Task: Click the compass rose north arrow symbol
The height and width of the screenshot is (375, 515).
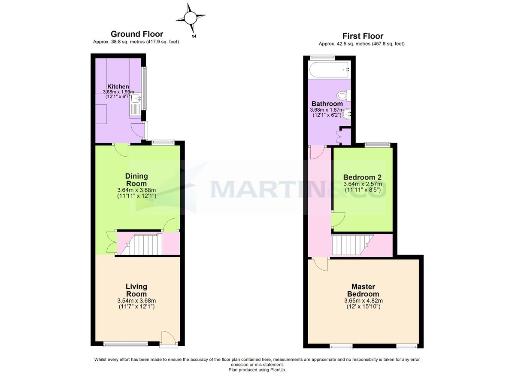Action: point(191,18)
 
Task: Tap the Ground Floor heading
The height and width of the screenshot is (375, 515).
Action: point(137,34)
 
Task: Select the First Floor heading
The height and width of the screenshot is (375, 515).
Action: point(363,36)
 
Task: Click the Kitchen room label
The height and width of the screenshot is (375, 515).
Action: point(118,86)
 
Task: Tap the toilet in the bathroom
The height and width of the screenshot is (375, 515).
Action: point(344,95)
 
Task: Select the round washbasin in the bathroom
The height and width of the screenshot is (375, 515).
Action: point(347,114)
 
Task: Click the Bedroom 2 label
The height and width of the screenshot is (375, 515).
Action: point(362,177)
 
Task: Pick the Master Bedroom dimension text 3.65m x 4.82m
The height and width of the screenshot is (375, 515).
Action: point(364,300)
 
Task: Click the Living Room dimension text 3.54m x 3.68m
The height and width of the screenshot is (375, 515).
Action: point(136,300)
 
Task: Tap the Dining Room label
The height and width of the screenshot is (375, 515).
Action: point(136,180)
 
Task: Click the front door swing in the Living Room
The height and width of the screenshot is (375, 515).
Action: point(169,338)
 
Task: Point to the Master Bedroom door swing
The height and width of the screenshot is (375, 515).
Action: point(321,264)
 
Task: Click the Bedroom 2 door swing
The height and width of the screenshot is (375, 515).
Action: point(338,219)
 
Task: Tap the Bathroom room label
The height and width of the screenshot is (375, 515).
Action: point(327,104)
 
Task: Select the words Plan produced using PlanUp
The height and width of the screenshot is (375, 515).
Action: point(257,370)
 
